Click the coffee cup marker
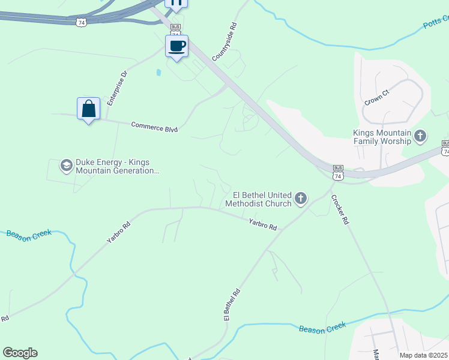pos(176,46)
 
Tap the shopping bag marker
pos(88,109)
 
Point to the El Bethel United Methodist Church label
pos(258,199)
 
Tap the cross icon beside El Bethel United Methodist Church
pos(301,198)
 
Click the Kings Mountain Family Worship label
pos(382,137)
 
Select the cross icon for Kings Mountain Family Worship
pos(420,136)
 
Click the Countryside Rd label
pos(235,37)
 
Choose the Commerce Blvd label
pos(155,126)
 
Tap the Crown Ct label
pos(377,97)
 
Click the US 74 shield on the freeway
pos(81,22)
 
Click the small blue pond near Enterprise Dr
pos(158,73)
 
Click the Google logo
pos(20,353)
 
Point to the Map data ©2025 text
pos(423,355)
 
